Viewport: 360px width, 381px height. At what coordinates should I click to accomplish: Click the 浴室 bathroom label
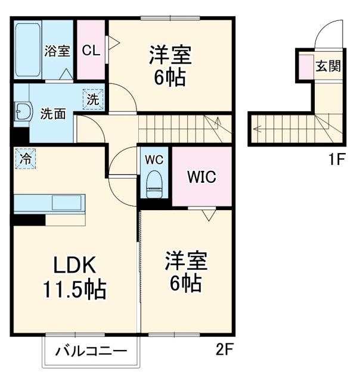click(x=57, y=51)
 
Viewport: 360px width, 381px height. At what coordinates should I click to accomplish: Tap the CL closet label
click(x=91, y=51)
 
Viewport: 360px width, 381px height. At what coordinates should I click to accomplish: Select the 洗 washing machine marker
click(x=93, y=99)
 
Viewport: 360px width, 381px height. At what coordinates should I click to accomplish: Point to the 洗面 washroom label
click(x=53, y=114)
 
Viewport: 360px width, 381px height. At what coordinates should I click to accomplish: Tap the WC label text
click(x=155, y=160)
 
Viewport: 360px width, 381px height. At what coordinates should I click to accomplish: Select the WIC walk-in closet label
click(x=201, y=177)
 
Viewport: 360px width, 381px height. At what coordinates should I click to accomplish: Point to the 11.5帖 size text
click(x=73, y=291)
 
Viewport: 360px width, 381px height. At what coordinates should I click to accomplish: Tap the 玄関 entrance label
click(x=328, y=65)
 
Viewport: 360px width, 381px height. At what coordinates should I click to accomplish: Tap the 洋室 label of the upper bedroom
click(x=170, y=55)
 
